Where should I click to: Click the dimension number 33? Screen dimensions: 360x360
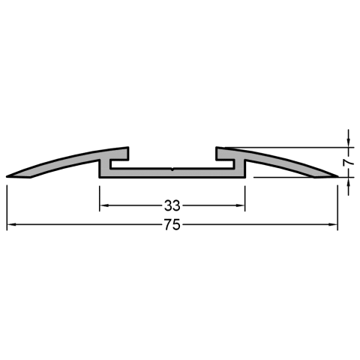[172, 205]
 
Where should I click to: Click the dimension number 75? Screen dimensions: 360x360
[172, 225]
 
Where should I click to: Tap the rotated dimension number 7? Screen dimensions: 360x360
[349, 163]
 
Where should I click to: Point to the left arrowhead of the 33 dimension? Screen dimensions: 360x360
[104, 205]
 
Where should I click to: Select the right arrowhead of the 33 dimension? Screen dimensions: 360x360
[241, 205]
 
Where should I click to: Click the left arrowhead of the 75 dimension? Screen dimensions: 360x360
[11, 225]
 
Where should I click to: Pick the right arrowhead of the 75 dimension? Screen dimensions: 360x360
[333, 225]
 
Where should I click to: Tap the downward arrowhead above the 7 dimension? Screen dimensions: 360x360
[349, 143]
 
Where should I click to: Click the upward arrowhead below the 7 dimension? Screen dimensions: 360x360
[349, 181]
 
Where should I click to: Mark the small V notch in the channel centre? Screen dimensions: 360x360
[172, 169]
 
